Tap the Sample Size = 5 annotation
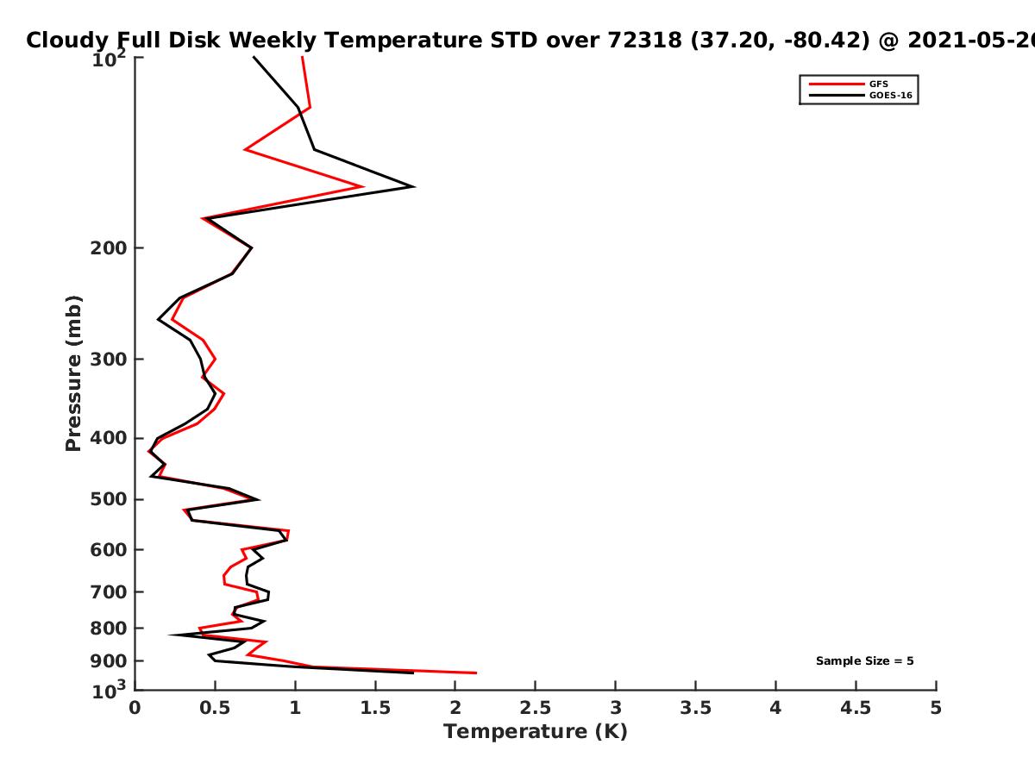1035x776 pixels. [864, 661]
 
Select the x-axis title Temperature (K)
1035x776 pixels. [535, 732]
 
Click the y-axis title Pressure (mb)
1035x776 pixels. [73, 372]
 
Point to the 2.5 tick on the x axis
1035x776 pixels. [535, 708]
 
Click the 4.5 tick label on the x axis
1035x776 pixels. [856, 708]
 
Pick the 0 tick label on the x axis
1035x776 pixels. [135, 708]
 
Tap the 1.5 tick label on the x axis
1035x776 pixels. [374, 708]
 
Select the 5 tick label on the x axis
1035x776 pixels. [936, 708]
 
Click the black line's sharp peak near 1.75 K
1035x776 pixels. [414, 186]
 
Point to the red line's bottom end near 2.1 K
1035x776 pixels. [475, 673]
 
